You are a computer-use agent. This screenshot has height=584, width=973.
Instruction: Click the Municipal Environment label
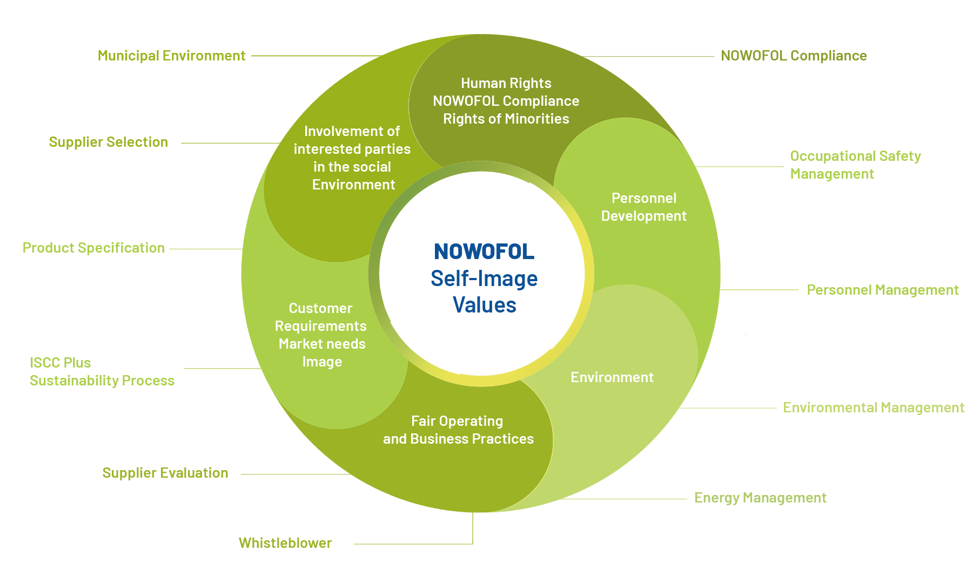[171, 56]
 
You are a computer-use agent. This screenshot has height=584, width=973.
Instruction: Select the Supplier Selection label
[108, 142]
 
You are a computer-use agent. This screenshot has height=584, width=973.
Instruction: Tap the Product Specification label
[93, 248]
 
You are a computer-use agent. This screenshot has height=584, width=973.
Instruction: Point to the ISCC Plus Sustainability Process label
[102, 371]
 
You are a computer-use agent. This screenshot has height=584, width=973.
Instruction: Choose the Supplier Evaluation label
[165, 473]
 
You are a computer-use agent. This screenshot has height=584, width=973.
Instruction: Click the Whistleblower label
[285, 543]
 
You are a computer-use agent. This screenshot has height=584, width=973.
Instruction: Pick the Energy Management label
[760, 498]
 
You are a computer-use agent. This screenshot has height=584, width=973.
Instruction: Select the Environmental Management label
[874, 408]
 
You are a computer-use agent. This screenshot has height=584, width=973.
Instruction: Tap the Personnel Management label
[883, 290]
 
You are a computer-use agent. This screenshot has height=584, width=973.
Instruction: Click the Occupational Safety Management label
[855, 165]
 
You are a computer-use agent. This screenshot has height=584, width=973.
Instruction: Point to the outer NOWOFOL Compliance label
[794, 56]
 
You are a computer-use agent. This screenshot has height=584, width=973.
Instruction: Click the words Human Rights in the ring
[506, 83]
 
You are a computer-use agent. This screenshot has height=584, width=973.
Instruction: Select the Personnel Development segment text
[643, 207]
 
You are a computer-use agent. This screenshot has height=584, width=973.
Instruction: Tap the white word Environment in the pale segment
[612, 377]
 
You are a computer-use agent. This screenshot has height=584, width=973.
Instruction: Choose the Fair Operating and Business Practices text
[458, 430]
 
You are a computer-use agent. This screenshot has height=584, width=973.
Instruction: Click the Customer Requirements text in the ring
[321, 317]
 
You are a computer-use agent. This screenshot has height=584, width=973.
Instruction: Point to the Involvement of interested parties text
[352, 140]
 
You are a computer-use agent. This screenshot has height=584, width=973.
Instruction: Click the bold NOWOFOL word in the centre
[484, 252]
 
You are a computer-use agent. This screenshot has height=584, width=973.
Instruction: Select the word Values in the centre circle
[485, 305]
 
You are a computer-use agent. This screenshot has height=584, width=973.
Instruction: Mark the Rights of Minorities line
[506, 119]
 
